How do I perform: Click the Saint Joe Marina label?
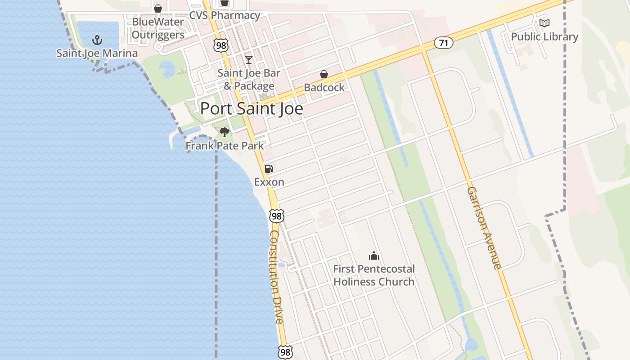coord(97,53)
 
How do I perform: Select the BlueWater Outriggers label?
coord(158,28)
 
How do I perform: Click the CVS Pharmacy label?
coord(225,15)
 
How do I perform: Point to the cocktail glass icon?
coord(248,60)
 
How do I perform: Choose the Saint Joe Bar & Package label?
coord(249,79)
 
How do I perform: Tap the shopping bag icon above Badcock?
coord(324,74)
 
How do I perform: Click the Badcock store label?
coord(324,87)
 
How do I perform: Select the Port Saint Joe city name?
coord(252,108)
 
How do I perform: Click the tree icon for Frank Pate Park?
coord(225,132)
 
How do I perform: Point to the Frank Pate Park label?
coord(225,146)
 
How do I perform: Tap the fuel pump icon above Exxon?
coord(269,169)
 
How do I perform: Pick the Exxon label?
coord(269,182)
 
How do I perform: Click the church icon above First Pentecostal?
coord(373,256)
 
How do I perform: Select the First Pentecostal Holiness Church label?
coord(373,275)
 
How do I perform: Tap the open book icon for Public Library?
coord(544,23)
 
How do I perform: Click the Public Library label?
coord(544,36)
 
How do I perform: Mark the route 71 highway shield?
coord(443,43)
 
